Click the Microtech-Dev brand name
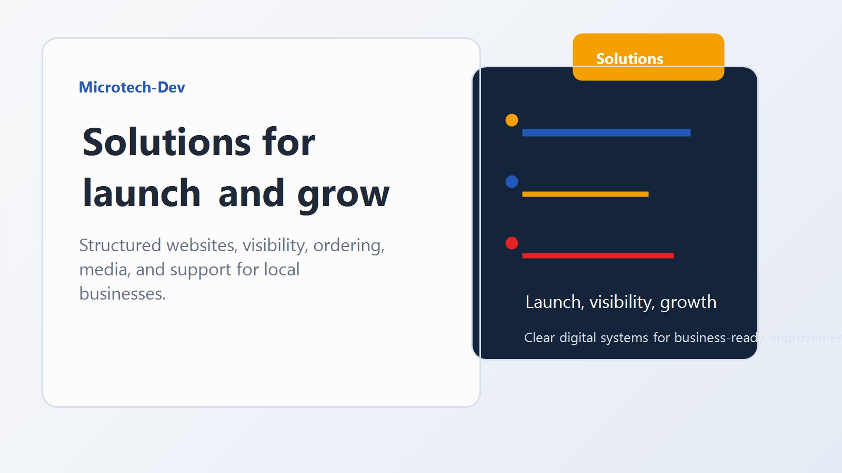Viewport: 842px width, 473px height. click(132, 87)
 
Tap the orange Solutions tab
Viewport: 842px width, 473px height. click(648, 57)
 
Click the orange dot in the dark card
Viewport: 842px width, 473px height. click(512, 120)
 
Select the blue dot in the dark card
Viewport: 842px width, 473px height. click(512, 182)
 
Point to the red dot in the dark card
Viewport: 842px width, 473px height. click(512, 243)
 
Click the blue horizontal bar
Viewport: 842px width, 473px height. click(606, 133)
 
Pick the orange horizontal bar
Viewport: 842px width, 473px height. click(585, 194)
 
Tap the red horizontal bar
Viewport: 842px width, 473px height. click(597, 256)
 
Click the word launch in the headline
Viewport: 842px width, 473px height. click(142, 193)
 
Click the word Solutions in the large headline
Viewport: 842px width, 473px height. click(166, 142)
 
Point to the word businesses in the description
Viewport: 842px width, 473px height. click(122, 294)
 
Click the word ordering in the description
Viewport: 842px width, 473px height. click(348, 245)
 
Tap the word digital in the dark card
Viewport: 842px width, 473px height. click(577, 338)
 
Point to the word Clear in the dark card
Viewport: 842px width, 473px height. click(539, 338)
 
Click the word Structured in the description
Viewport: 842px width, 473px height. click(120, 245)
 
